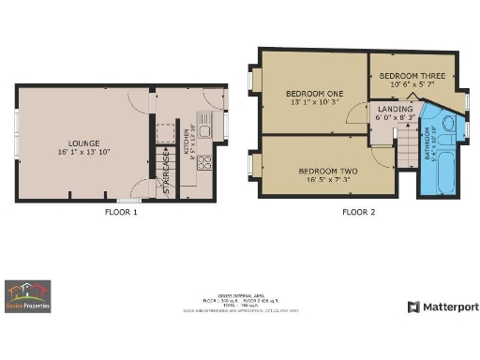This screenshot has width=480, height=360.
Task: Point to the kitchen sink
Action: coord(210,123)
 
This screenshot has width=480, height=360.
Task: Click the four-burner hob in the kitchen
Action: coord(207,160)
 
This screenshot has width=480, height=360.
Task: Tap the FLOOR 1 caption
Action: coord(121,212)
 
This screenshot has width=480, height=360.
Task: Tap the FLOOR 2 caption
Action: coord(358,212)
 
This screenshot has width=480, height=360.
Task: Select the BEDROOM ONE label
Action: coord(314,93)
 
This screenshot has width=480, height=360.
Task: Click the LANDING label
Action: coord(395,109)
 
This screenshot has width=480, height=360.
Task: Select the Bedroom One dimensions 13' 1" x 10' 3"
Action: coord(314,102)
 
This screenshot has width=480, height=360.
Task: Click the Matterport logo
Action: coord(442,307)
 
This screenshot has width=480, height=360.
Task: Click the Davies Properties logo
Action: coord(27,295)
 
